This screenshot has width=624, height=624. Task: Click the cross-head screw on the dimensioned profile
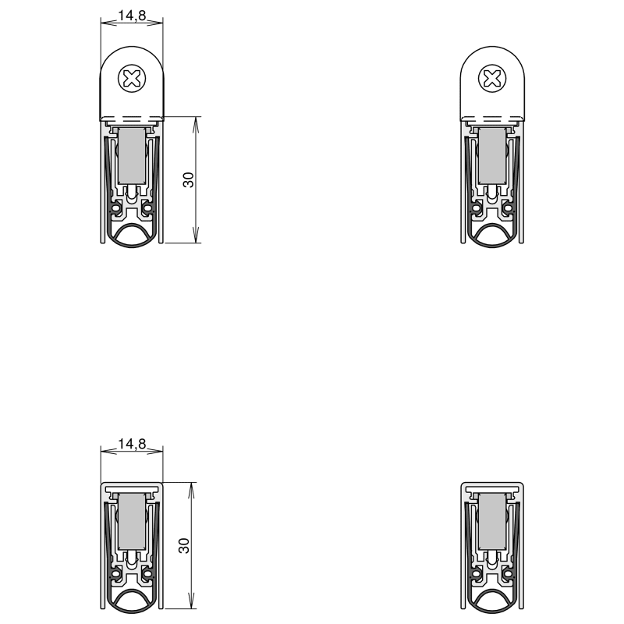point(132,79)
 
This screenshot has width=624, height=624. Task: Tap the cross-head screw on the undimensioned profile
point(492,79)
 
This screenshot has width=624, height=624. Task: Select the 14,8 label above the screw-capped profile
point(132,15)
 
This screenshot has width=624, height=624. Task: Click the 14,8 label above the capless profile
point(132,443)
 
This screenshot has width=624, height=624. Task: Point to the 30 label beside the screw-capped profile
point(188,179)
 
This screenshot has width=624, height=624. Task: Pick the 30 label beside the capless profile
point(184,545)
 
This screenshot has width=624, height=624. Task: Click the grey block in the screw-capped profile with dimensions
point(132,155)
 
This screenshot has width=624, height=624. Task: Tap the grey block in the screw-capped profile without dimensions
point(492,155)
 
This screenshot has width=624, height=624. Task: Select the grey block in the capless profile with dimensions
point(132,521)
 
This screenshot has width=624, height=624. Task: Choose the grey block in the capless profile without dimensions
point(492,521)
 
